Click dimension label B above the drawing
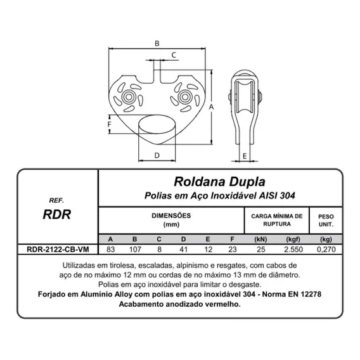tap(157, 43)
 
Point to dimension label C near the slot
tap(174, 55)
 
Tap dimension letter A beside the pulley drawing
tap(211, 106)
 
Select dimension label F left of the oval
tap(110, 124)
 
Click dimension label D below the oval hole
tap(157, 155)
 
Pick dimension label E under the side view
tap(245, 156)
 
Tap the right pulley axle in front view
tap(185, 97)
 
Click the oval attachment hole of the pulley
tap(157, 124)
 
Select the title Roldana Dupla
tap(220, 182)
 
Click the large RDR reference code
tap(57, 214)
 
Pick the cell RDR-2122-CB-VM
tap(58, 249)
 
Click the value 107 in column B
tap(135, 249)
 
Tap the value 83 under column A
tap(111, 249)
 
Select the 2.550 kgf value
tap(293, 249)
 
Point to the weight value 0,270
tap(326, 249)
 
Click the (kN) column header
tap(261, 240)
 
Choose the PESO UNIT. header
tap(326, 221)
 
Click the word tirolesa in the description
tap(119, 266)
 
